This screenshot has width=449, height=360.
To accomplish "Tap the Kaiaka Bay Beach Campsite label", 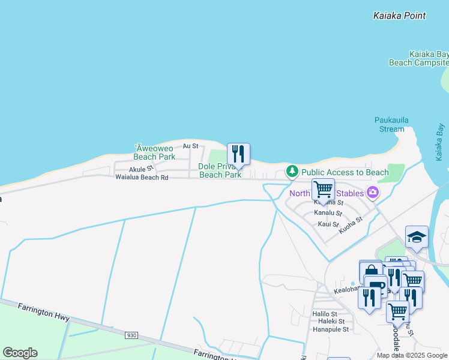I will click(x=420, y=58).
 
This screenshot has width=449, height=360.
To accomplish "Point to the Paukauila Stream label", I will click(x=391, y=124).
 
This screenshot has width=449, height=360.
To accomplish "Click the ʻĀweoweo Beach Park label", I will click(x=154, y=152).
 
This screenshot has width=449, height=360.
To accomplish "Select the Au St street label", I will click(x=190, y=146).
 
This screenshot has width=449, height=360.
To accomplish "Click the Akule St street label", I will click(x=142, y=168).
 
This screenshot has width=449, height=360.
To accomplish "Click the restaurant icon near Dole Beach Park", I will click(x=238, y=154).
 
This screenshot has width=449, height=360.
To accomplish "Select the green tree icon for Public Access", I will click(x=292, y=172).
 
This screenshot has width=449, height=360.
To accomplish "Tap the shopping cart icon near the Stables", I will click(x=323, y=190).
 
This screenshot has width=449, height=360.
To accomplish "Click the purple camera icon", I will click(x=373, y=193).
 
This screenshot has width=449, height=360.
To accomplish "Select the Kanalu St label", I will click(x=328, y=214).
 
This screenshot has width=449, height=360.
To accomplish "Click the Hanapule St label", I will click(x=330, y=329).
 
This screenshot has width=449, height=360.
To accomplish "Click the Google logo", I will click(x=20, y=353).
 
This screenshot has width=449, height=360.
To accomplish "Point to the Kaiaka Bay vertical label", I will click(x=440, y=142).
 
